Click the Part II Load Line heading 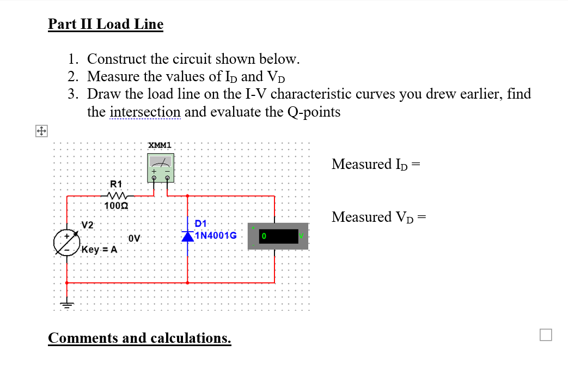[x=105, y=25]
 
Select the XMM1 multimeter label [x=160, y=145]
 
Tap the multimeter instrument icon [x=161, y=167]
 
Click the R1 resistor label [x=117, y=184]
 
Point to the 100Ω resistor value [x=117, y=205]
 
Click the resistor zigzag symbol [x=117, y=195]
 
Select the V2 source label [x=88, y=225]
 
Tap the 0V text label [x=135, y=238]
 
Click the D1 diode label [x=200, y=223]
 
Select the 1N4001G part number [x=216, y=236]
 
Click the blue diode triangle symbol [x=188, y=237]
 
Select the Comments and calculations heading [x=139, y=338]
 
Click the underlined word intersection [x=145, y=112]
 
